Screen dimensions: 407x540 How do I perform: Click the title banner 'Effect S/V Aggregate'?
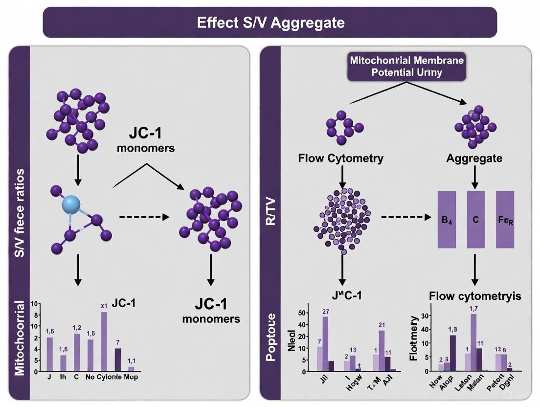(270, 23)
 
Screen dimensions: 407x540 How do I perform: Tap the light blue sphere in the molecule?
(73, 204)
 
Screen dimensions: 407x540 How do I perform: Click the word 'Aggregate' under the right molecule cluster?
(474, 158)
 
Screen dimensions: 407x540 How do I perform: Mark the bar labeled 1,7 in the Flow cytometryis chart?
(473, 342)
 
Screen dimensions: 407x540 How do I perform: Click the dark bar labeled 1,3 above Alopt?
(453, 353)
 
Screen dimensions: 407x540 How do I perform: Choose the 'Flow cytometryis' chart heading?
(474, 296)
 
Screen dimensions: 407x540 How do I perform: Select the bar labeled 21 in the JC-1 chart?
(382, 351)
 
